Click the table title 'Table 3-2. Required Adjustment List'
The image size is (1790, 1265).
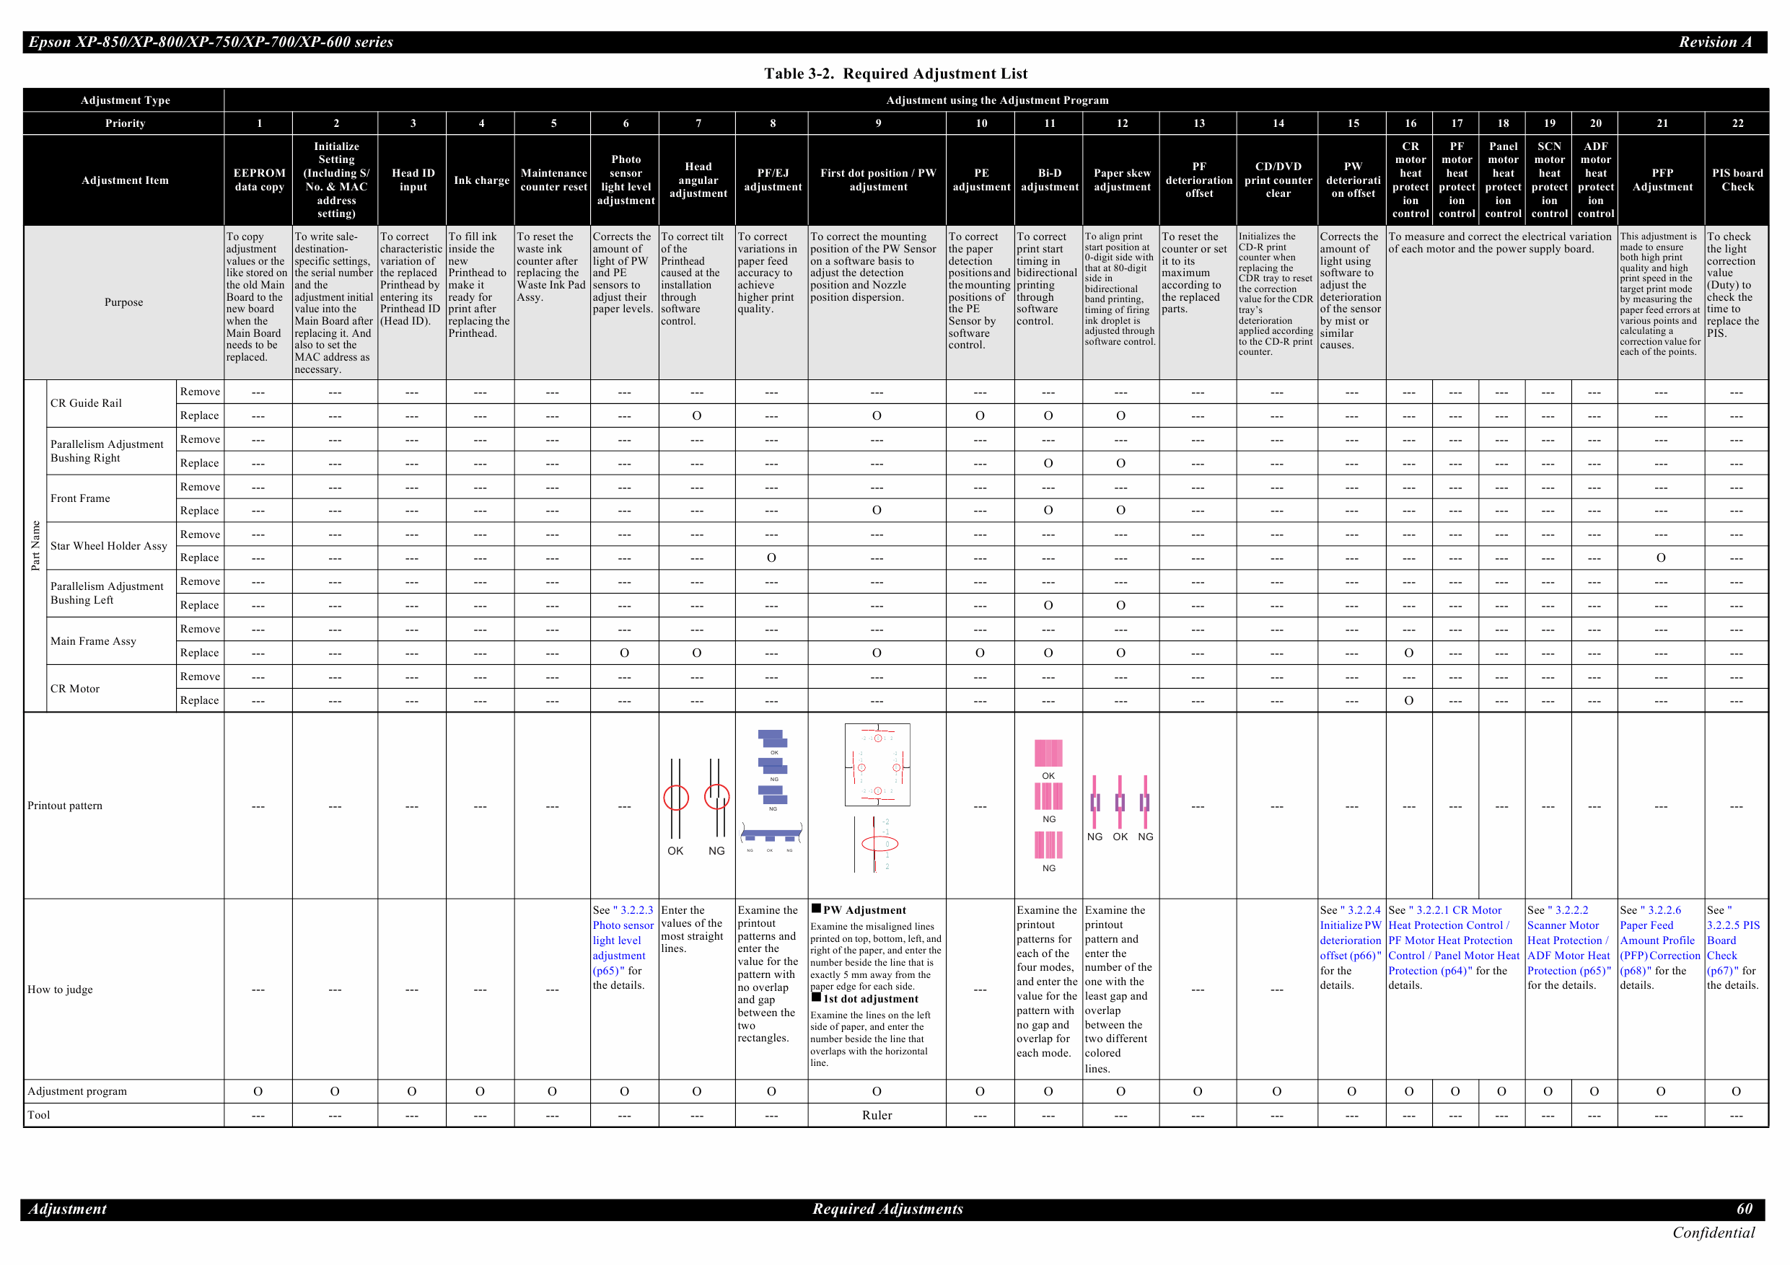click(895, 74)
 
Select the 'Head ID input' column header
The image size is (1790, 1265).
click(413, 180)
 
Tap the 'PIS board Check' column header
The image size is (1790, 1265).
click(1737, 180)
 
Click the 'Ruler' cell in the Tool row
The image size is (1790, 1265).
click(877, 1116)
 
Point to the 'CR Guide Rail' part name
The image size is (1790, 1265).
click(86, 403)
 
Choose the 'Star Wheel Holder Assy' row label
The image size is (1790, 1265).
click(108, 546)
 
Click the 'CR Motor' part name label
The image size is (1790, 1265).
click(75, 688)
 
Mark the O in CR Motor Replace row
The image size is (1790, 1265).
click(1408, 701)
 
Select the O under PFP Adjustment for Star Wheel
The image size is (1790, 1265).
click(1661, 558)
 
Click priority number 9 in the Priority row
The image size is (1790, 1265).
click(878, 123)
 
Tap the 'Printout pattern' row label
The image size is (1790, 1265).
click(65, 805)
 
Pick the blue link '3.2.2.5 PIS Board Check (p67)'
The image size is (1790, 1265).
click(1732, 940)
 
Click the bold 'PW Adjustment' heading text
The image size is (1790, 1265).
click(864, 909)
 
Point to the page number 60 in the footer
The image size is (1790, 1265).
click(1745, 1209)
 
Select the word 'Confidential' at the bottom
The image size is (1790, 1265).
click(1713, 1233)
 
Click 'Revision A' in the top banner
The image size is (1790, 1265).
click(1715, 42)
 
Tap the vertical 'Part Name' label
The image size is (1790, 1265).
click(35, 546)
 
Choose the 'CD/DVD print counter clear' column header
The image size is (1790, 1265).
click(1278, 180)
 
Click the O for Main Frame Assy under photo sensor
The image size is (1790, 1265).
click(625, 653)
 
